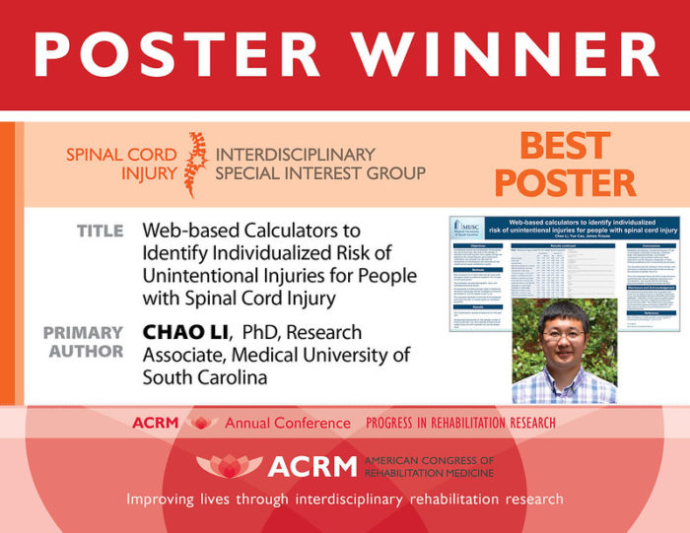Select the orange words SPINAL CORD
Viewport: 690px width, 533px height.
coord(121,154)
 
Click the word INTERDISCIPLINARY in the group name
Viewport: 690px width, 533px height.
coord(296,154)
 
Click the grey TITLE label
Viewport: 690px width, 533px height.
coord(101,231)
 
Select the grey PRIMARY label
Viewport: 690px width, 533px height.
coord(83,333)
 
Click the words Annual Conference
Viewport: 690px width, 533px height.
coord(287,423)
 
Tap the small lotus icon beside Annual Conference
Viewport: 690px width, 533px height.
coord(202,423)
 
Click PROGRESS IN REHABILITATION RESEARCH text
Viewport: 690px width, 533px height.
coord(460,423)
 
